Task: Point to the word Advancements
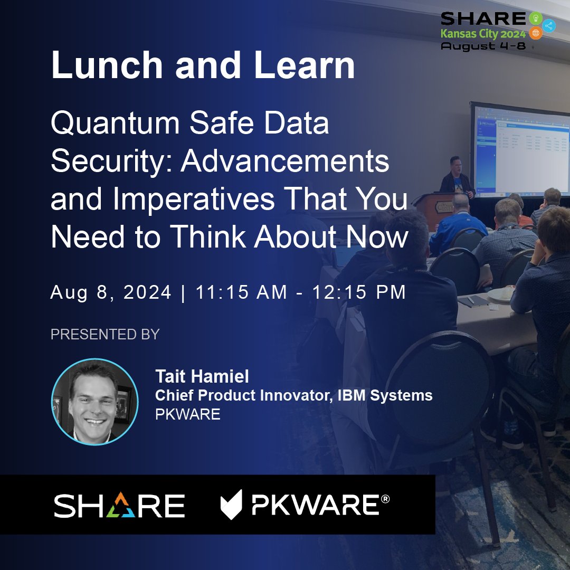coord(285,162)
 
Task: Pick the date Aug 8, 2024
coord(111,292)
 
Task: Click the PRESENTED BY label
coord(105,334)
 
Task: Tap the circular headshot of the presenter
coord(95,402)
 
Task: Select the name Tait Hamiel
coord(202,377)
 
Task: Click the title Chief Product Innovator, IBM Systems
coord(293,395)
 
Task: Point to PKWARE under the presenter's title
coord(187,414)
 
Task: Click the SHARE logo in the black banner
coord(119,506)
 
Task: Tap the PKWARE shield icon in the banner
coord(231,505)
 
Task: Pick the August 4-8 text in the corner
coord(486,46)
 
